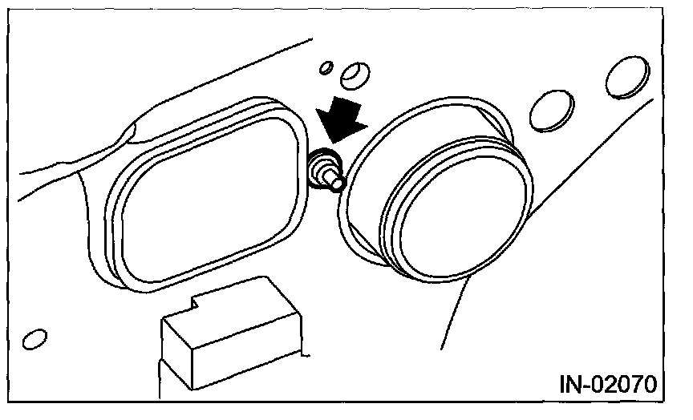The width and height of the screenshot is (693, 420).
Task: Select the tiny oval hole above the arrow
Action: [326, 68]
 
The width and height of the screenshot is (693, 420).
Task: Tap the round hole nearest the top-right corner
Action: [626, 78]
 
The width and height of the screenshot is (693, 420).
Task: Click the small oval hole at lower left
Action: [34, 339]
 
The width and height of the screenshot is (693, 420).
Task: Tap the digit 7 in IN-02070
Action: [636, 385]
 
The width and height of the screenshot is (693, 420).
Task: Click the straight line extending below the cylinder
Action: [453, 313]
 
